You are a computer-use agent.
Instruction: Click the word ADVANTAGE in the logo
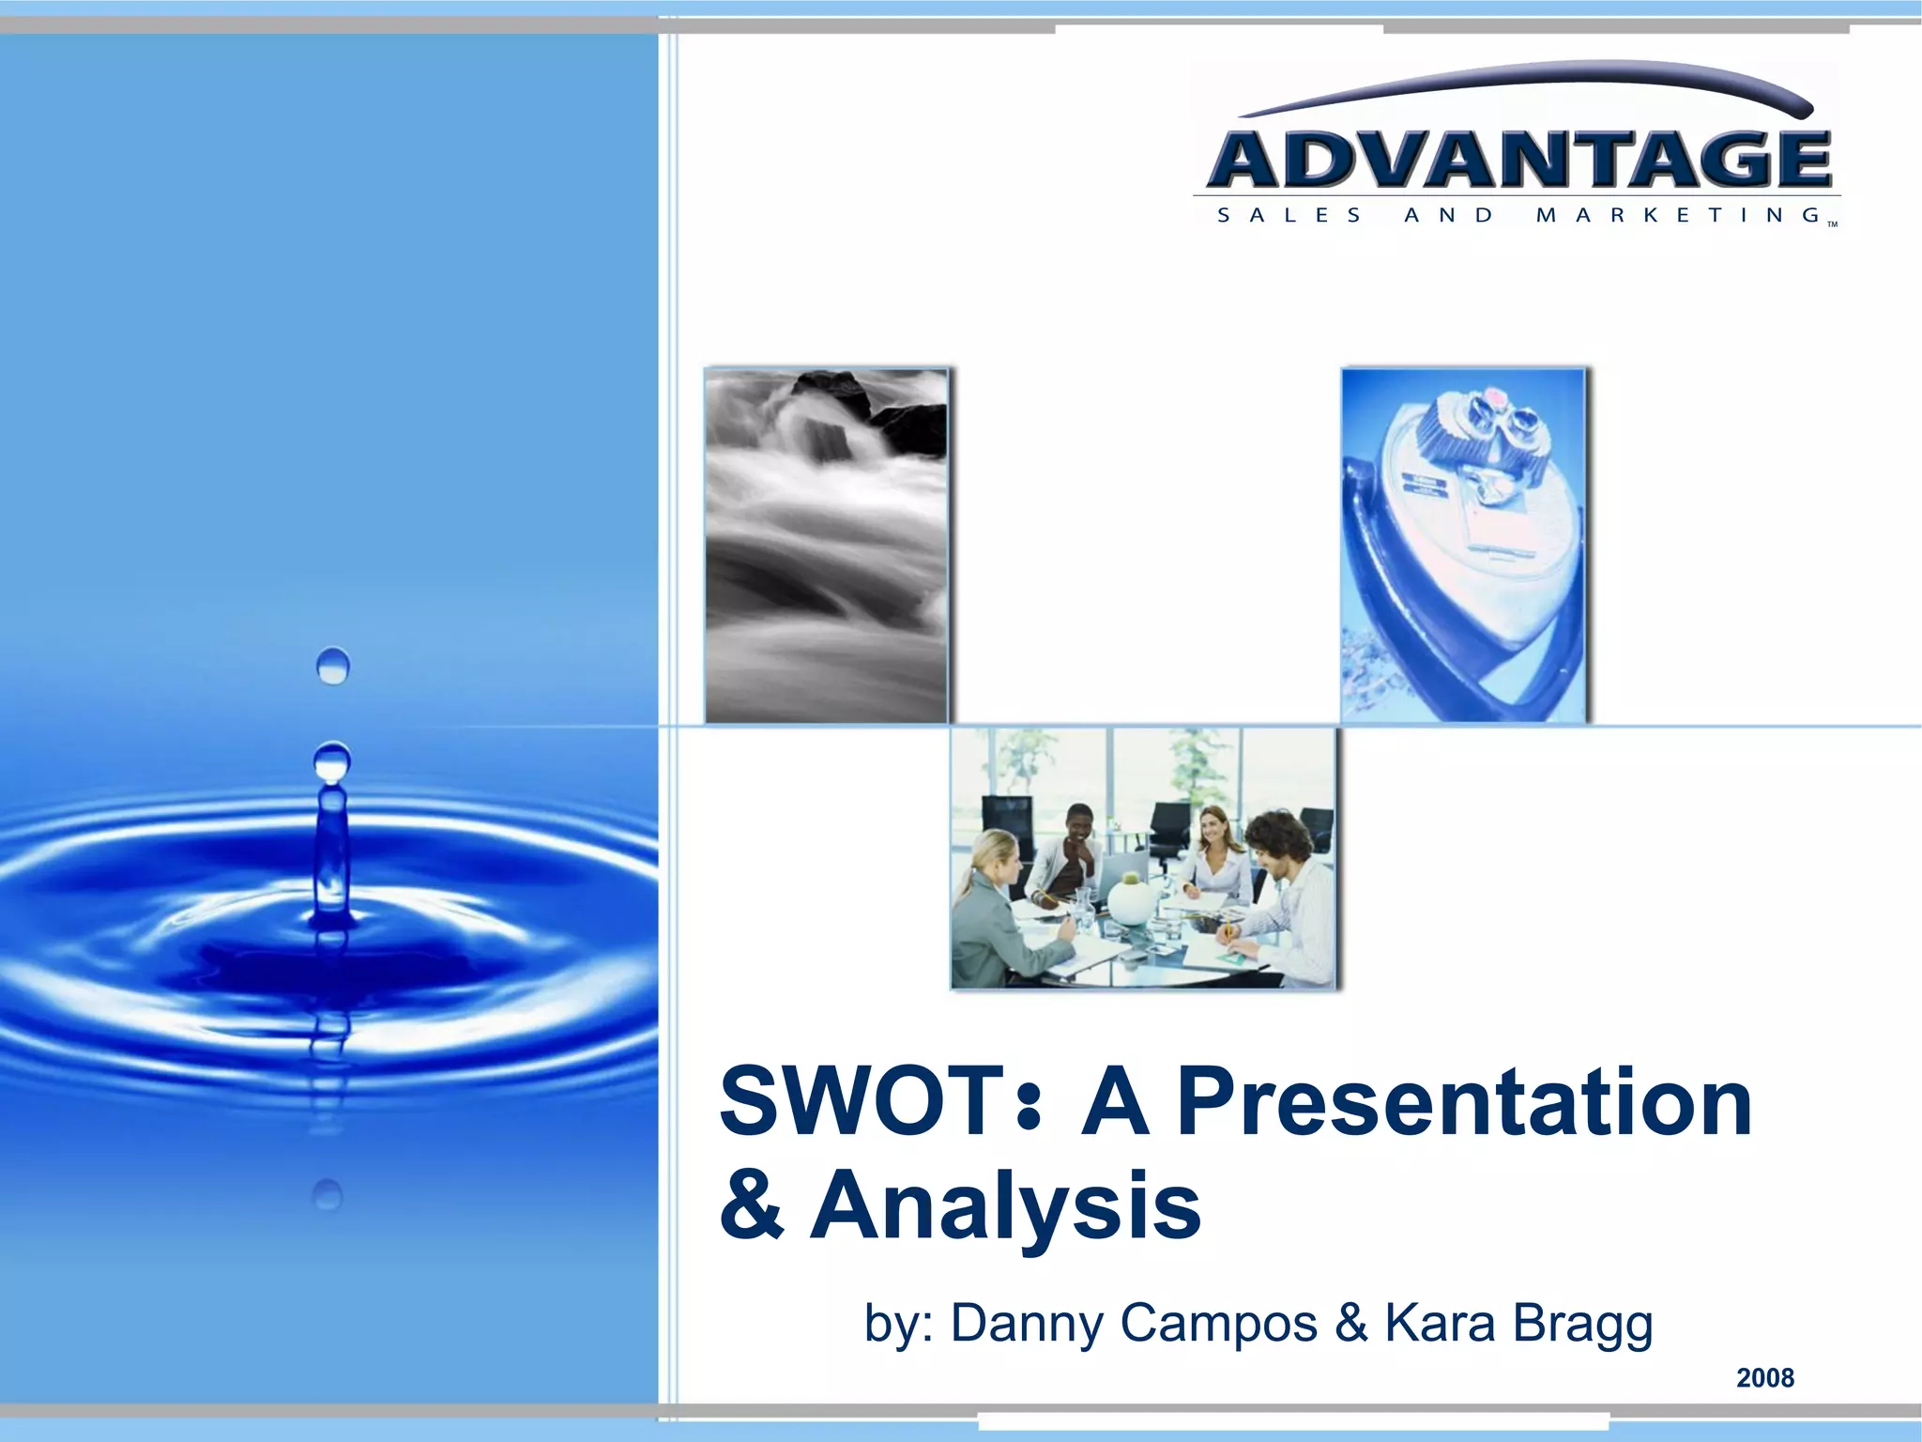click(x=1518, y=159)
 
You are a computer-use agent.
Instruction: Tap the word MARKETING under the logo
click(x=1678, y=215)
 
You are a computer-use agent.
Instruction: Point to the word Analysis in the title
click(x=1005, y=1205)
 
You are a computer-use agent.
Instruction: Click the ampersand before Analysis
click(x=751, y=1205)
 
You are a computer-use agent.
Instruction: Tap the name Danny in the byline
click(x=1027, y=1324)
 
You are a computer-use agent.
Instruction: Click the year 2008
click(x=1764, y=1378)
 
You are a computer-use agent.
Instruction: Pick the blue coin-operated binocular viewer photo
click(x=1462, y=545)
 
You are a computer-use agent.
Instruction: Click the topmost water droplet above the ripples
click(x=333, y=666)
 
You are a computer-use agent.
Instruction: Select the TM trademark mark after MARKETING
click(x=1832, y=224)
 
